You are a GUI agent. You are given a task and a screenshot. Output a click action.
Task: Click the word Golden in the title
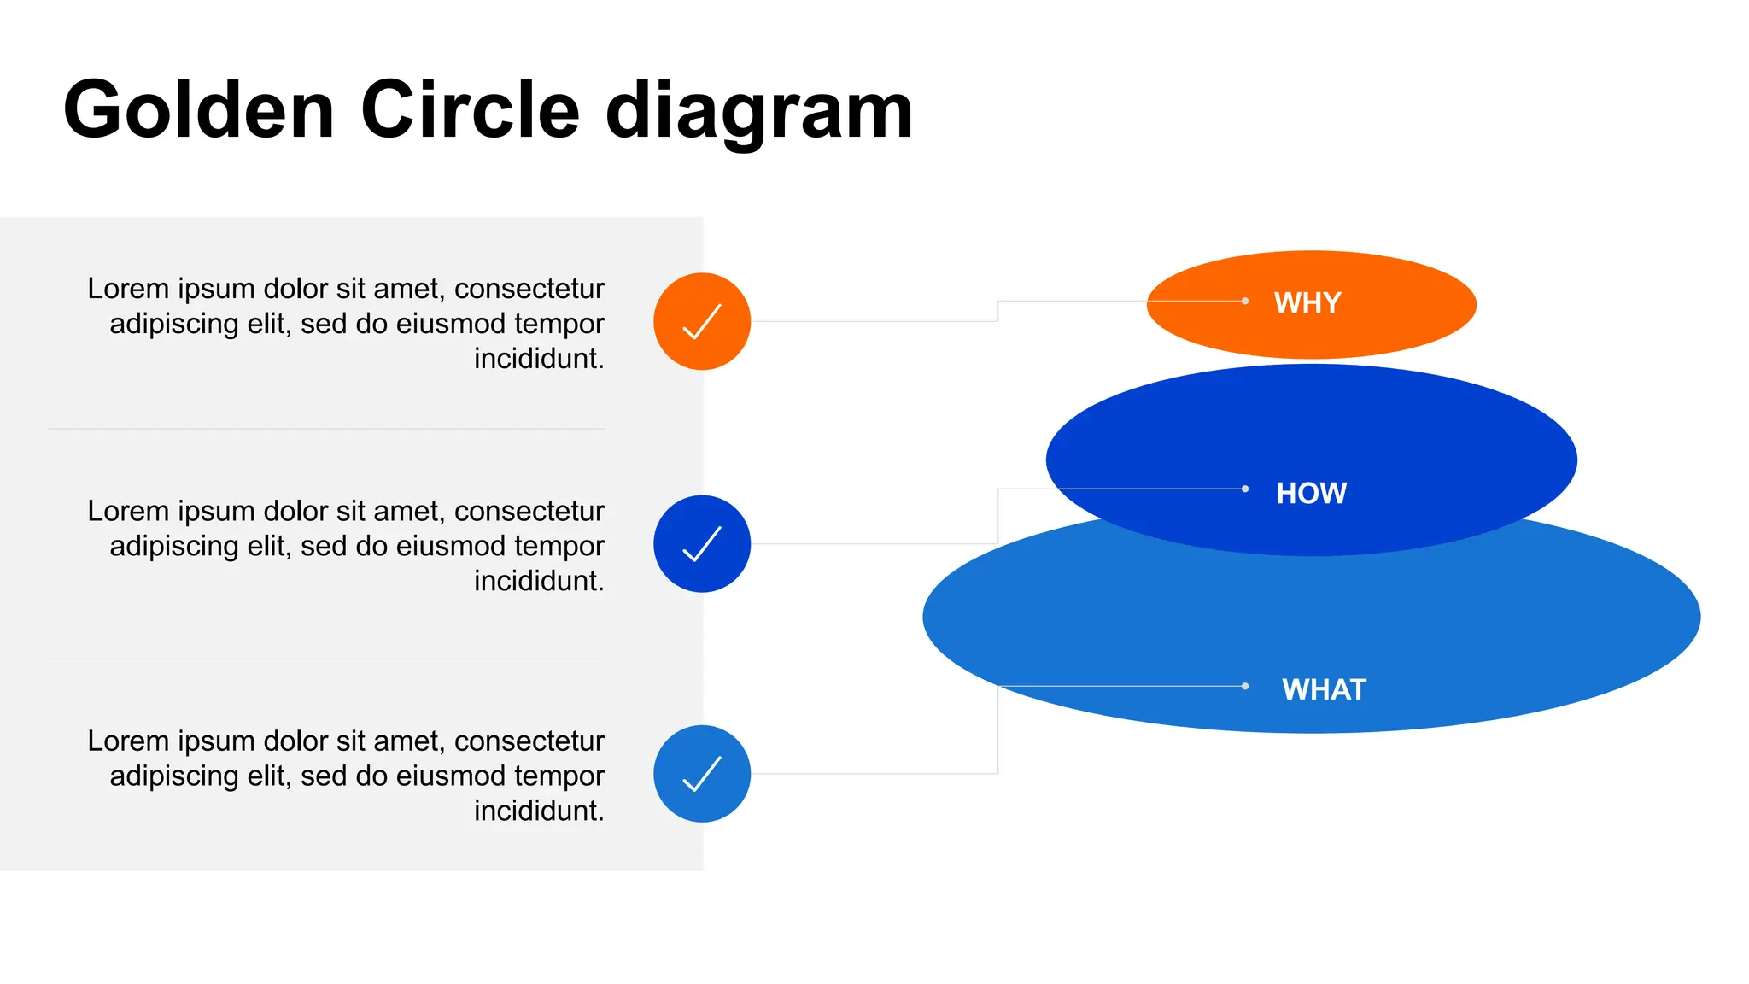(x=198, y=110)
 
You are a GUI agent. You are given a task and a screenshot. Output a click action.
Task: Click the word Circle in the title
(x=470, y=110)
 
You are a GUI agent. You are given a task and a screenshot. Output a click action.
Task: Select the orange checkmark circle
(x=702, y=321)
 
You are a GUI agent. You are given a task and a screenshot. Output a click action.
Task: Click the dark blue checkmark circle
(x=702, y=544)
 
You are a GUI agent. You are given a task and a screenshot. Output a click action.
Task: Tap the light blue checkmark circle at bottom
(x=702, y=774)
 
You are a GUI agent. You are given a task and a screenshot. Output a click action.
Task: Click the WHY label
(x=1307, y=303)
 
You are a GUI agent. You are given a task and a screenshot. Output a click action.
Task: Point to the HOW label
(x=1311, y=493)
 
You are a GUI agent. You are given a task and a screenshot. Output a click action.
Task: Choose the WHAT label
(x=1324, y=689)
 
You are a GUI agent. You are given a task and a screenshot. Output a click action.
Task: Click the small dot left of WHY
(x=1245, y=301)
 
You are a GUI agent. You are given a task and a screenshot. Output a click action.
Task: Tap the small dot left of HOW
(x=1245, y=489)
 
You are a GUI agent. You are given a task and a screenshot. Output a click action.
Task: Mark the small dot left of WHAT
(x=1245, y=686)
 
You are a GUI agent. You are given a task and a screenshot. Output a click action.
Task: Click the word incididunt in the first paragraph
(x=538, y=359)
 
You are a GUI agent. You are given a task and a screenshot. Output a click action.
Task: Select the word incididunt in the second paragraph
(x=538, y=581)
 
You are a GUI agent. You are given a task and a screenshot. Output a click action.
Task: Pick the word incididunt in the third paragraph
(x=538, y=811)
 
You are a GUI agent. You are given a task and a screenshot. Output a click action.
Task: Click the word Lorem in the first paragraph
(x=128, y=289)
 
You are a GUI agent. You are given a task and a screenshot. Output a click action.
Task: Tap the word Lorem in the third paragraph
(x=128, y=741)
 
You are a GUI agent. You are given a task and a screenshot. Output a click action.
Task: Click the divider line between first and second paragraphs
(x=326, y=429)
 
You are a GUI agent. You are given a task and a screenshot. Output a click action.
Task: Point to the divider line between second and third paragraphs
(x=326, y=659)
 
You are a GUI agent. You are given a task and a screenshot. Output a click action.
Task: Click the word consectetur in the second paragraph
(x=529, y=511)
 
